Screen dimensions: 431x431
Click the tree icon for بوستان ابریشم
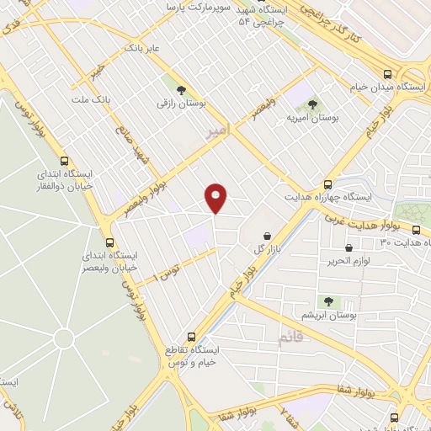[x=327, y=301]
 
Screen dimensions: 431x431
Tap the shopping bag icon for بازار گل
[x=267, y=236]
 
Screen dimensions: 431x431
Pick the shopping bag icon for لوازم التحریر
[x=349, y=248]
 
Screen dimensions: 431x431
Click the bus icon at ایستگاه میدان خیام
[x=386, y=74]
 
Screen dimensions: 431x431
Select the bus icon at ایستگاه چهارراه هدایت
[x=328, y=184]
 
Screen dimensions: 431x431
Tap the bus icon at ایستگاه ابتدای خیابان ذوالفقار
[x=65, y=160]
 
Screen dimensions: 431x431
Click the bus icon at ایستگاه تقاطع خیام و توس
[x=192, y=336]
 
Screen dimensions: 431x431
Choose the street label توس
[x=169, y=271]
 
